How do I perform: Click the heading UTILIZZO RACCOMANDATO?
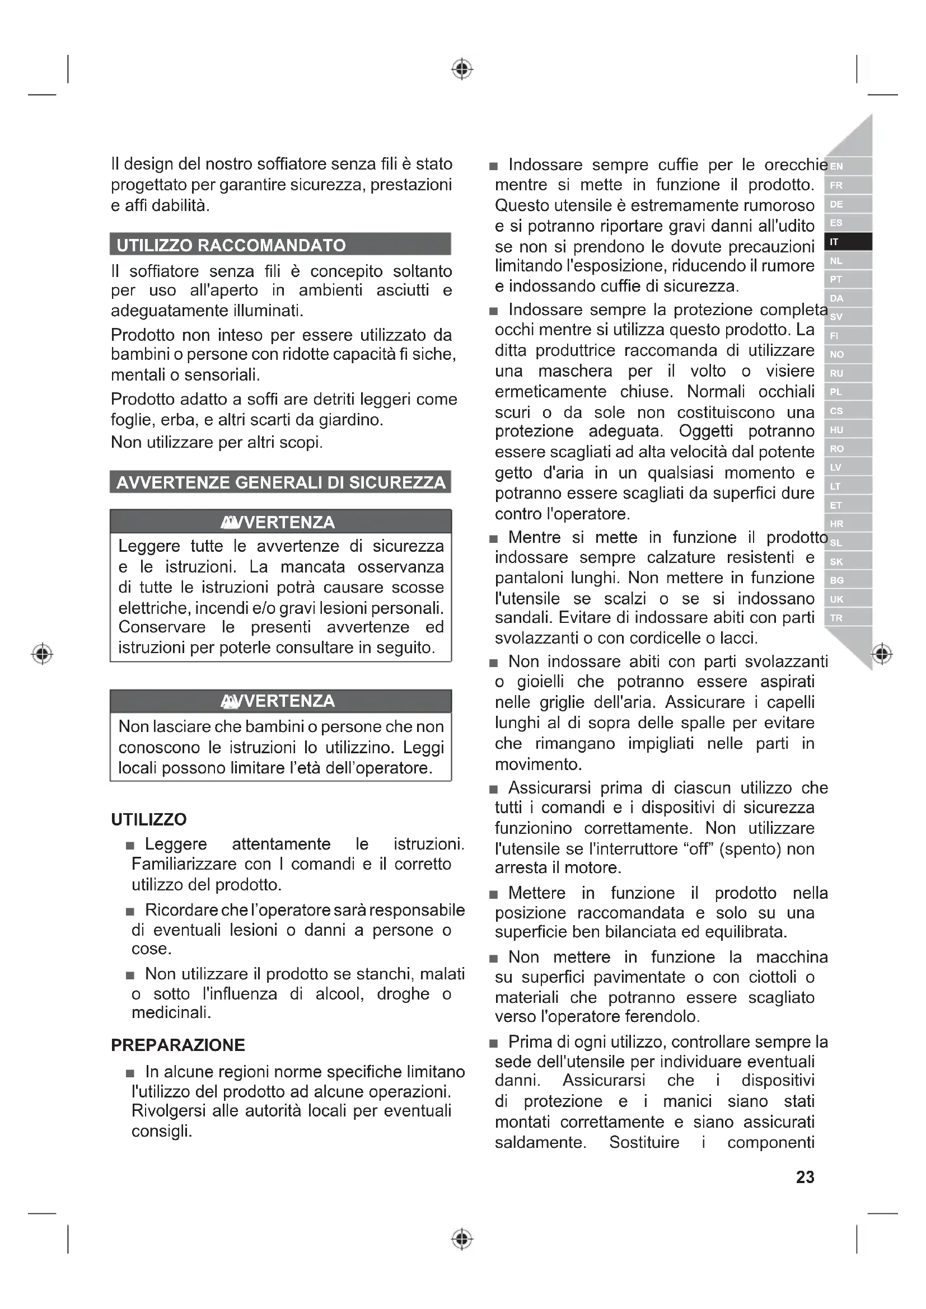231,245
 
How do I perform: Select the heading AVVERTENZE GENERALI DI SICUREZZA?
280,482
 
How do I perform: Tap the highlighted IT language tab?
847,242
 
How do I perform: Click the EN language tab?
847,166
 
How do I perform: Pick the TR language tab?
847,618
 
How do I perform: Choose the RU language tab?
847,373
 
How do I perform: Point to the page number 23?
805,1177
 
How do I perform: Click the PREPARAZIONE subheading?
178,1045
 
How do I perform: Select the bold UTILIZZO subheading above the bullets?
149,819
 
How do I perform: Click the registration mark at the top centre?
462,69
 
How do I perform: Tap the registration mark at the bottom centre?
462,1239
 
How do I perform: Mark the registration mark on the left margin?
42,653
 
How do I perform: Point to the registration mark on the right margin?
882,653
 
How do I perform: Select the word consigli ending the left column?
161,1130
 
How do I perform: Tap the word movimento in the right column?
537,764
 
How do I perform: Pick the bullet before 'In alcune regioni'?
130,1073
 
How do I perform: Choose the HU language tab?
847,430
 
